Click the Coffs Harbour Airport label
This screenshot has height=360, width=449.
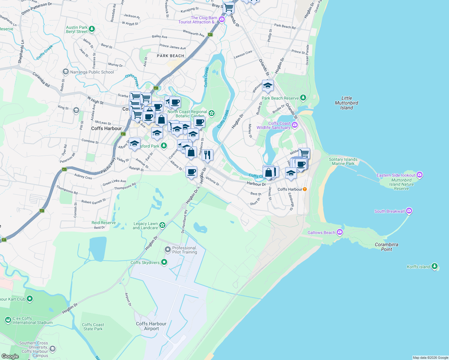151,326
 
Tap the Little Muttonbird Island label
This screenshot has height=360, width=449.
346,103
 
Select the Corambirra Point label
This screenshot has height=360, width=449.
387,247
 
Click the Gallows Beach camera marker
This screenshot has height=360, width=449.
339,232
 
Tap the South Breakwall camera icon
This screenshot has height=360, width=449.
409,211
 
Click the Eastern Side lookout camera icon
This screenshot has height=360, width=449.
420,175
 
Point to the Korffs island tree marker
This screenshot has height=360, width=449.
434,266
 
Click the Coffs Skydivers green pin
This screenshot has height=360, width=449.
164,262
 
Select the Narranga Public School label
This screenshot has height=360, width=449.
92,72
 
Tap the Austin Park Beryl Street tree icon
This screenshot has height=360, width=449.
92,29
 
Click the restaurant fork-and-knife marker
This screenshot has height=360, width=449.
207,155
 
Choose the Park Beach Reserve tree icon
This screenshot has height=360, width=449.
303,97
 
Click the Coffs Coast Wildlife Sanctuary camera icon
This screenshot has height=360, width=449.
295,125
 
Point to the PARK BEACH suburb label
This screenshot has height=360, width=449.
170,56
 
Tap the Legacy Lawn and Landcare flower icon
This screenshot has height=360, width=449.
162,225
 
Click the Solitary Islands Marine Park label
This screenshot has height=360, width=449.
343,161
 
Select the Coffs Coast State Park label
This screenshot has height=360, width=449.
93,327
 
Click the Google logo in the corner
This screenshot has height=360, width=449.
10,356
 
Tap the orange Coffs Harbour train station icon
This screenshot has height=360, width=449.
305,189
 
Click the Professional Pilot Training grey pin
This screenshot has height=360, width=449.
168,249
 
